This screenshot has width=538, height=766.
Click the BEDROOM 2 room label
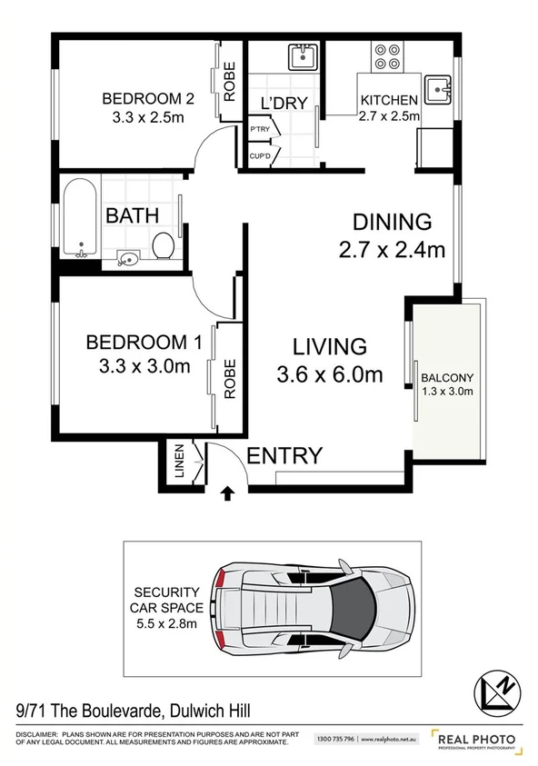pos(142,98)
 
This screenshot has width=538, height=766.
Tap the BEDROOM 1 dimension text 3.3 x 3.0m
pos(143,366)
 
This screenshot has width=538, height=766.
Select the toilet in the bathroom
pos(164,245)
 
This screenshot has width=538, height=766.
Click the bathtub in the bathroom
pos(81,217)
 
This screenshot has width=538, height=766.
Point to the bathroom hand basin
pos(127,260)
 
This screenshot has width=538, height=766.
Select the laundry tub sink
pos(301,58)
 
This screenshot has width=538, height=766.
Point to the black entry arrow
pos(226,494)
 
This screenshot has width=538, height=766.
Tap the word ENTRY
pos(284,456)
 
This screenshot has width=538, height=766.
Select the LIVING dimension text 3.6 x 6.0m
pos(329,374)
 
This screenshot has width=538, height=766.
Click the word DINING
pos(391,222)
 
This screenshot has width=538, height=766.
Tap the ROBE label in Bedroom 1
pos(229,376)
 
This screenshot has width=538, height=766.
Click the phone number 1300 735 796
pos(335,741)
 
